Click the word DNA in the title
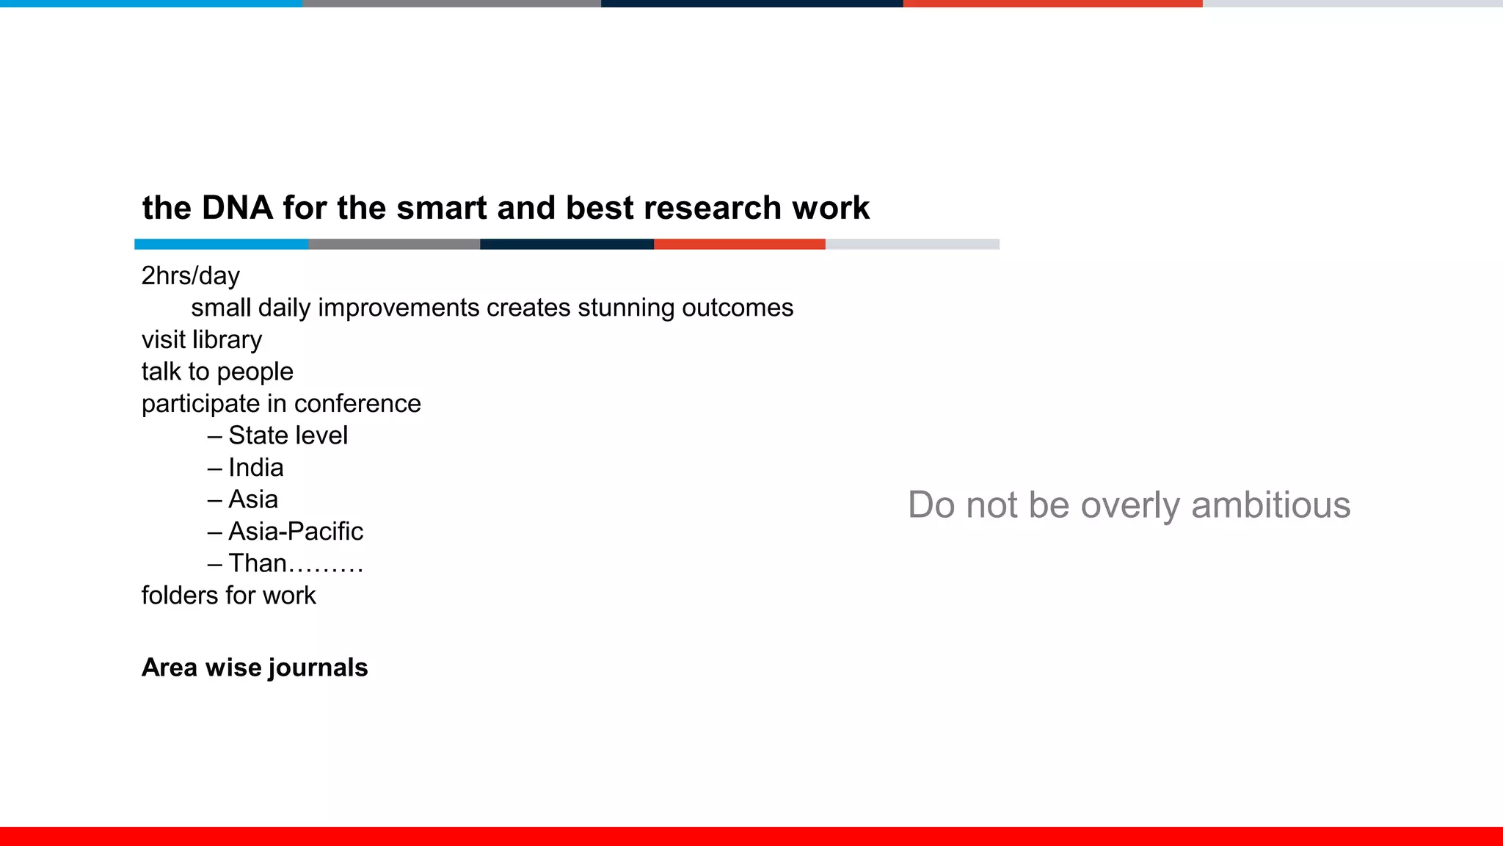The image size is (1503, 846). click(x=237, y=208)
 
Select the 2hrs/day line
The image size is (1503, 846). click(x=191, y=276)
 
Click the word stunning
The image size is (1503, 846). click(x=625, y=308)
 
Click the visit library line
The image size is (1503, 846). click(x=202, y=340)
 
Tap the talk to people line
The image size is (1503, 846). click(x=217, y=372)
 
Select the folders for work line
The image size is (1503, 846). click(x=228, y=596)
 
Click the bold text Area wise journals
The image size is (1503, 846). click(x=255, y=668)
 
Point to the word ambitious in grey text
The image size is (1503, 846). click(x=1270, y=505)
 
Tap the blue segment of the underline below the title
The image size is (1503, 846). click(x=222, y=244)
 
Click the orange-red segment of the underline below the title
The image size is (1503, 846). click(x=739, y=244)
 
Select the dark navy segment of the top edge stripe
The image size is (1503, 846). click(x=751, y=4)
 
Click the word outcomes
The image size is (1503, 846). click(x=738, y=308)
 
